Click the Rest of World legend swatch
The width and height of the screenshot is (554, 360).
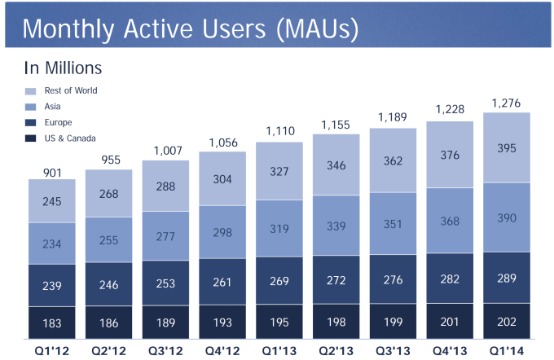coord(32,91)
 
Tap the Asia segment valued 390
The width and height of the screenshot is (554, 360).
coord(507,217)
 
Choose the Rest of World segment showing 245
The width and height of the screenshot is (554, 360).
coord(51,200)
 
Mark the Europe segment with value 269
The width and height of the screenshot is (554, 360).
coord(279,281)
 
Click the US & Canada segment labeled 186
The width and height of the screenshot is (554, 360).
coord(108,323)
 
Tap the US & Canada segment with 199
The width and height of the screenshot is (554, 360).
coord(393,322)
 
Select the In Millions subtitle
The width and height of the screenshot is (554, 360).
coord(62,68)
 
